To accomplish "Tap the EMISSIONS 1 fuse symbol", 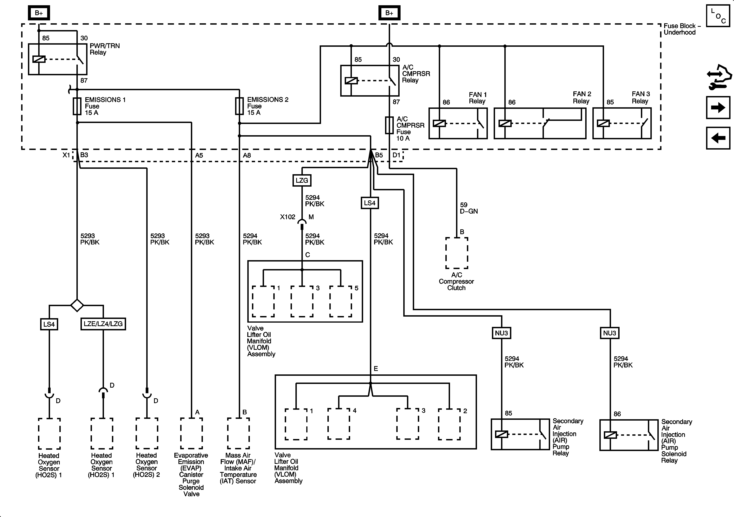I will click(x=77, y=106).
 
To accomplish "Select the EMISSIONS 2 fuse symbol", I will click(x=239, y=106).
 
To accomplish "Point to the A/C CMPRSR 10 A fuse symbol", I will click(x=389, y=125).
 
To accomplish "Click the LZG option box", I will click(x=302, y=180).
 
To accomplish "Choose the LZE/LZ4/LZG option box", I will click(x=103, y=324).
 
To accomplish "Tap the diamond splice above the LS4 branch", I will click(x=77, y=305).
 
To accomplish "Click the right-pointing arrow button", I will click(x=718, y=107).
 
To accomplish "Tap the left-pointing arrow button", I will click(x=718, y=138).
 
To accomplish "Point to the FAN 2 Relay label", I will click(x=582, y=98).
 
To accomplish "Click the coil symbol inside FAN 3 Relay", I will click(x=603, y=123).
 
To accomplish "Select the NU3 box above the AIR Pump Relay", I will click(x=501, y=333).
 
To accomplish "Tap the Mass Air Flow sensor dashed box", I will click(x=238, y=433).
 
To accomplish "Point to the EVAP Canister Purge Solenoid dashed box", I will click(x=191, y=433).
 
